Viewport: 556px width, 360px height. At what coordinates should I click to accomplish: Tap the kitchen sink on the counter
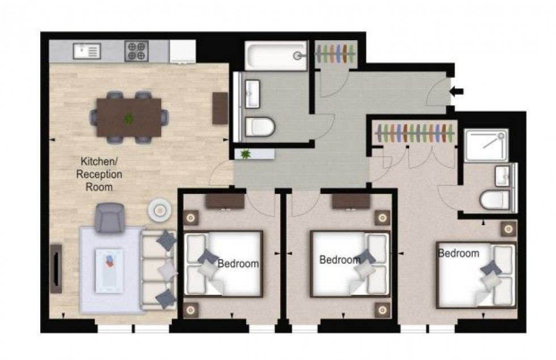[x=87, y=52]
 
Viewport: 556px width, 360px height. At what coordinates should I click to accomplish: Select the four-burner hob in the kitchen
[x=136, y=52]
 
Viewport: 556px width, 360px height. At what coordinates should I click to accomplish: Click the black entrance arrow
[x=457, y=91]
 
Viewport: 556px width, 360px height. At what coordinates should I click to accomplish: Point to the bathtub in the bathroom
[x=276, y=56]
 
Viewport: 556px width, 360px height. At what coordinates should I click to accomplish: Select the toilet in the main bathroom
[x=260, y=128]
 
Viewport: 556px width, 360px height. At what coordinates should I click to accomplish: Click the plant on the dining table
[x=130, y=119]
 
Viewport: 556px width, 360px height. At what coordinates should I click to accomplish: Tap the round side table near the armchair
[x=159, y=210]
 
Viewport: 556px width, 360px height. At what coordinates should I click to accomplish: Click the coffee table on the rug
[x=109, y=270]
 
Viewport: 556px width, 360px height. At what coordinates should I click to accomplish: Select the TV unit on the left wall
[x=56, y=268]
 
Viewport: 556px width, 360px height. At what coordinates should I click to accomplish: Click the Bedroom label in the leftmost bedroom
[x=238, y=264]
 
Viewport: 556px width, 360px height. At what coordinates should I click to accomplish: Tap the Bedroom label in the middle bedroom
[x=340, y=260]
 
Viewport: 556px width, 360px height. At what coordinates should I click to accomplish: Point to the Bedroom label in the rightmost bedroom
[x=458, y=253]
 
